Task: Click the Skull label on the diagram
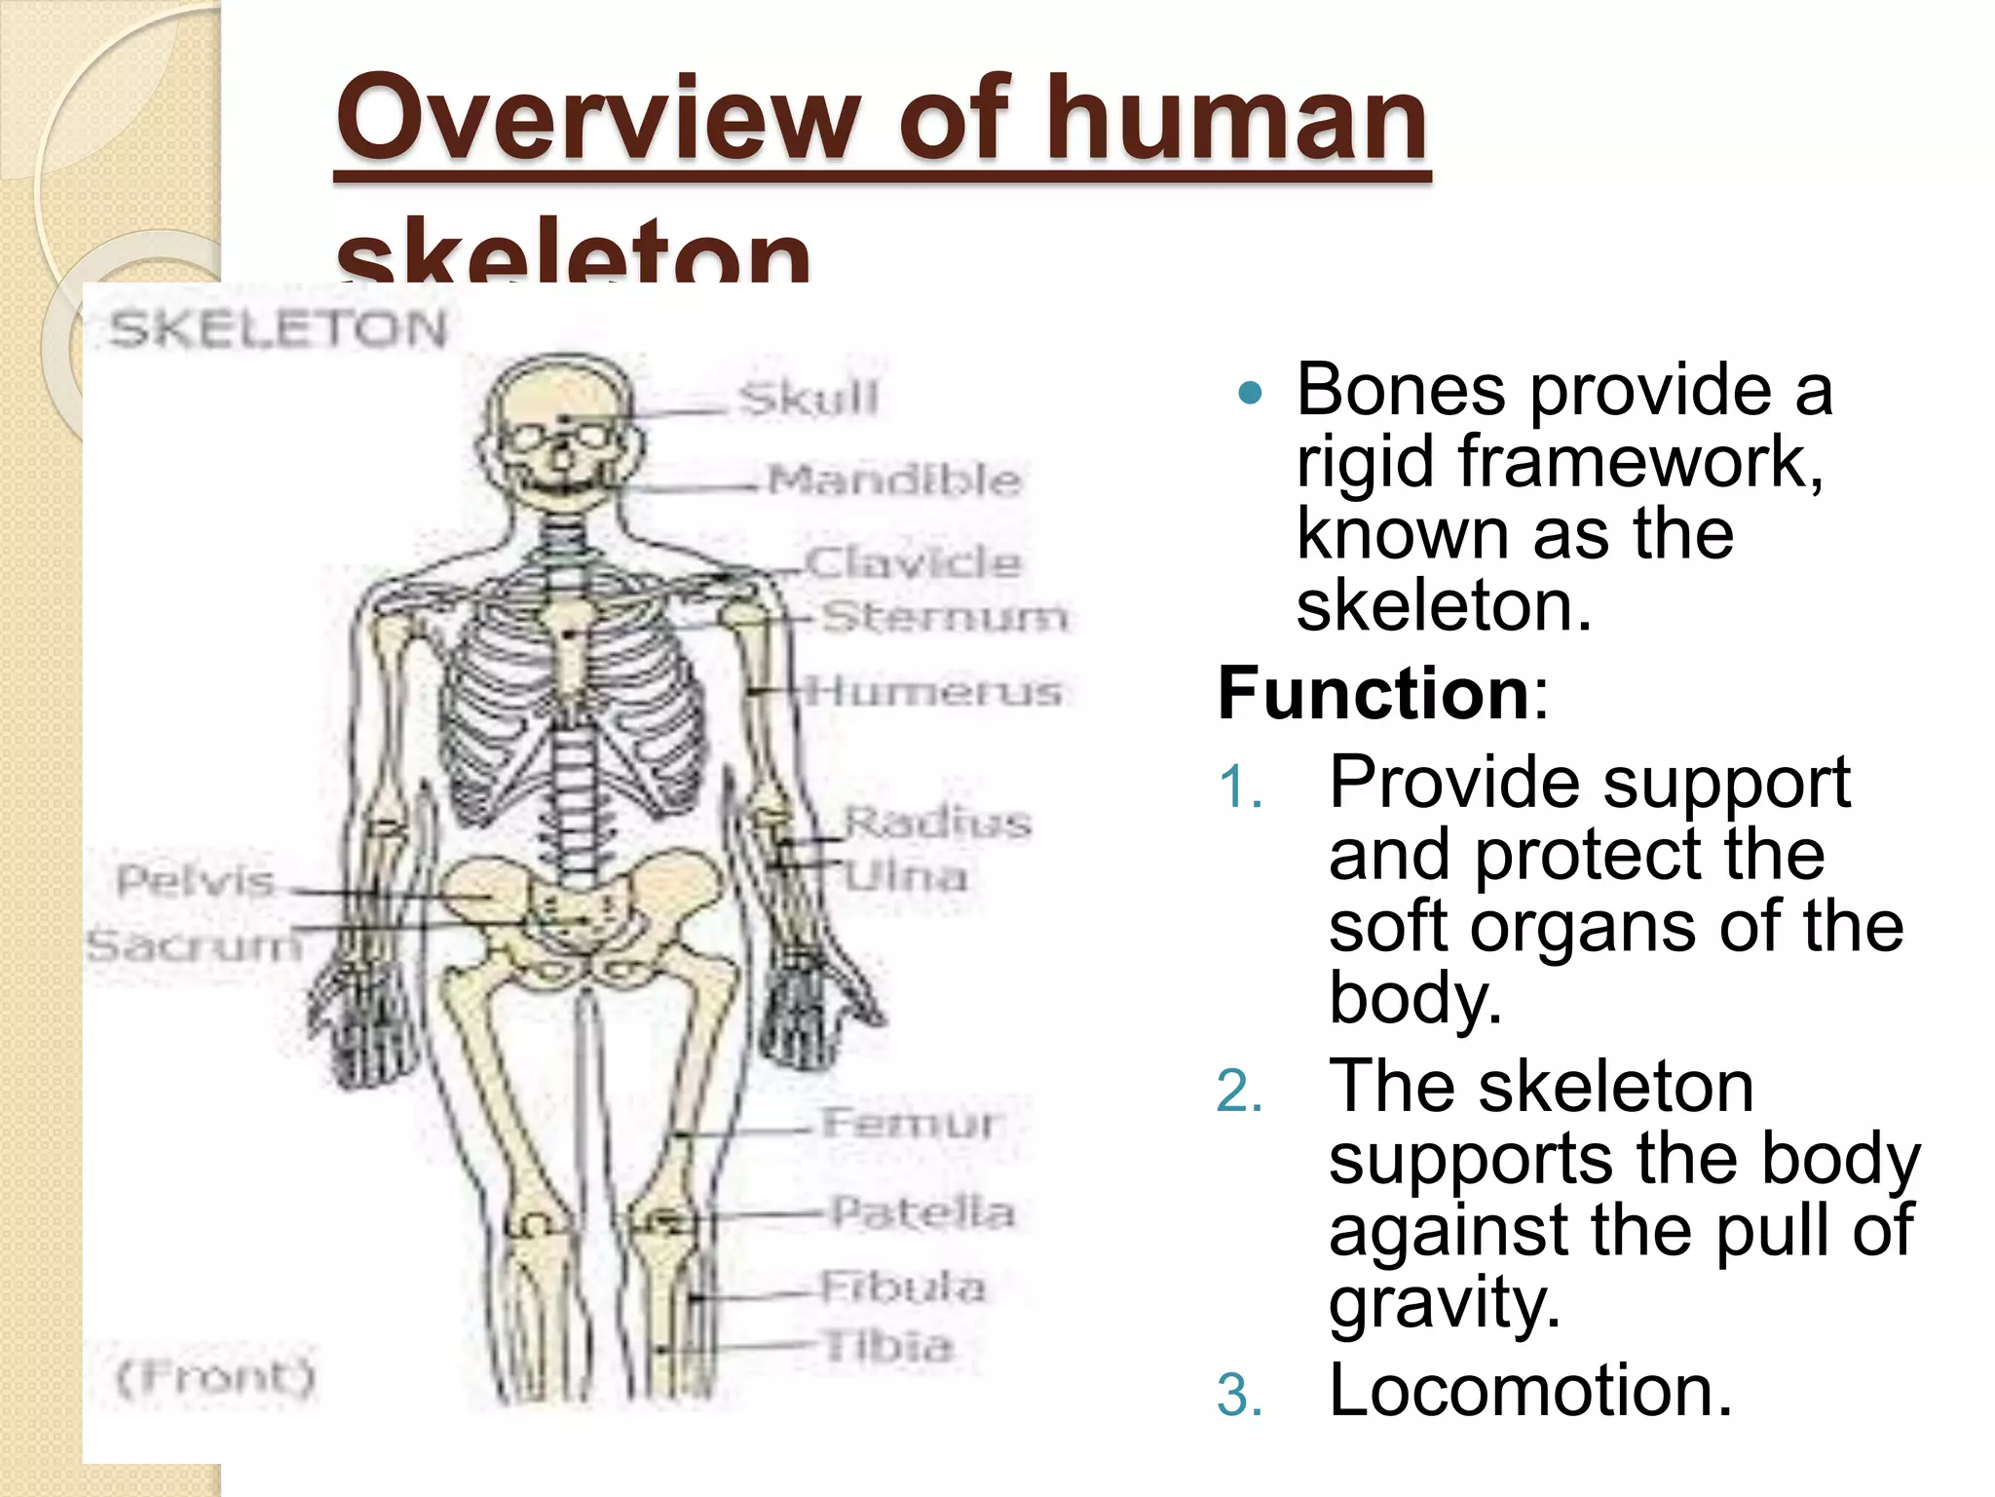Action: click(808, 399)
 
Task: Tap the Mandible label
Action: click(893, 480)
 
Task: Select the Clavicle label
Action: click(913, 562)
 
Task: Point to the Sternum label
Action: click(944, 616)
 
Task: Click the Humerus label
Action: click(934, 691)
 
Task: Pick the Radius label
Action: click(936, 822)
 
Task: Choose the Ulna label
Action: click(905, 876)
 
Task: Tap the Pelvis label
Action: click(195, 881)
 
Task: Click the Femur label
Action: click(908, 1123)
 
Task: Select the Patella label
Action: click(922, 1212)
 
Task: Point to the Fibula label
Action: click(902, 1286)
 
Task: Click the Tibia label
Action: click(887, 1346)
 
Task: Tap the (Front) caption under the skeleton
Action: click(216, 1377)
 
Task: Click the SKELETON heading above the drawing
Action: click(278, 328)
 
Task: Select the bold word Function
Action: click(1374, 693)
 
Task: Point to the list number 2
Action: click(1239, 1091)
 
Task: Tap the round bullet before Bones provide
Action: click(1250, 394)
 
